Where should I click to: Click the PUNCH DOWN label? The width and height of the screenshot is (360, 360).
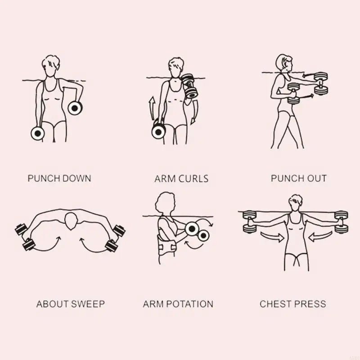(x=59, y=178)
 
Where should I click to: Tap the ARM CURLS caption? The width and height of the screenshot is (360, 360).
(x=181, y=179)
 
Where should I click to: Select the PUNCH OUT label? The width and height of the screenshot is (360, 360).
(x=298, y=178)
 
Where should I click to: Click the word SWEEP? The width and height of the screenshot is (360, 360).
(x=87, y=304)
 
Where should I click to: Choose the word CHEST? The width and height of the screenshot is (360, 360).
(x=276, y=304)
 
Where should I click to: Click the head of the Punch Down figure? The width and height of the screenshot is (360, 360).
(x=50, y=65)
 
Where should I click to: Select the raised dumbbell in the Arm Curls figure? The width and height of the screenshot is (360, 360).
(x=189, y=86)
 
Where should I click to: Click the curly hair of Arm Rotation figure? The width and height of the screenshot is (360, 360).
(x=165, y=204)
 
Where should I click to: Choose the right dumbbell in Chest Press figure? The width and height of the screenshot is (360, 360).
(x=341, y=221)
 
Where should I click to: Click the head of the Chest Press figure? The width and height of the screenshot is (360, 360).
(x=296, y=201)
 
